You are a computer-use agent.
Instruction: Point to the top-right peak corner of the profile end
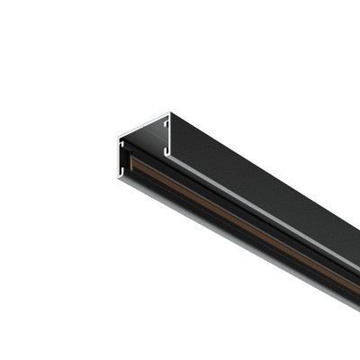pyautogui.click(x=169, y=113)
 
